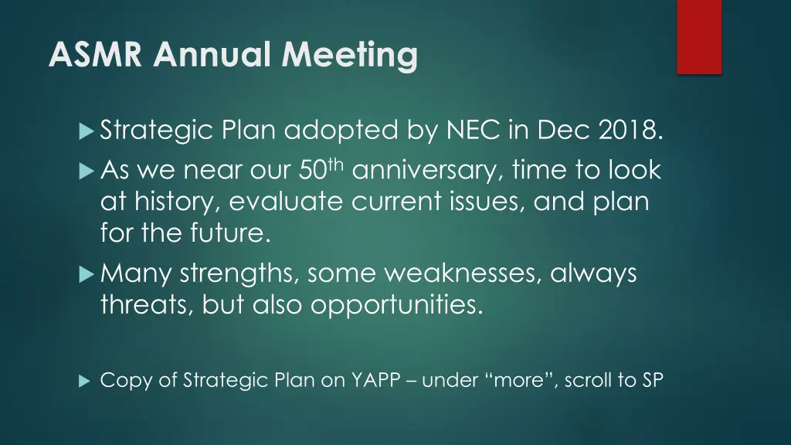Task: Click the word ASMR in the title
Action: click(95, 54)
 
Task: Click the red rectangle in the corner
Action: click(699, 37)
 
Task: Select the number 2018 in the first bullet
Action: click(630, 130)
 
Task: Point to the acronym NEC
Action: click(474, 130)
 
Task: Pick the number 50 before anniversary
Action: click(313, 170)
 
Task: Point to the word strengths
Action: click(237, 274)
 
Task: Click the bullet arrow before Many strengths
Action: click(87, 274)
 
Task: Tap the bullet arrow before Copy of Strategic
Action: click(84, 381)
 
